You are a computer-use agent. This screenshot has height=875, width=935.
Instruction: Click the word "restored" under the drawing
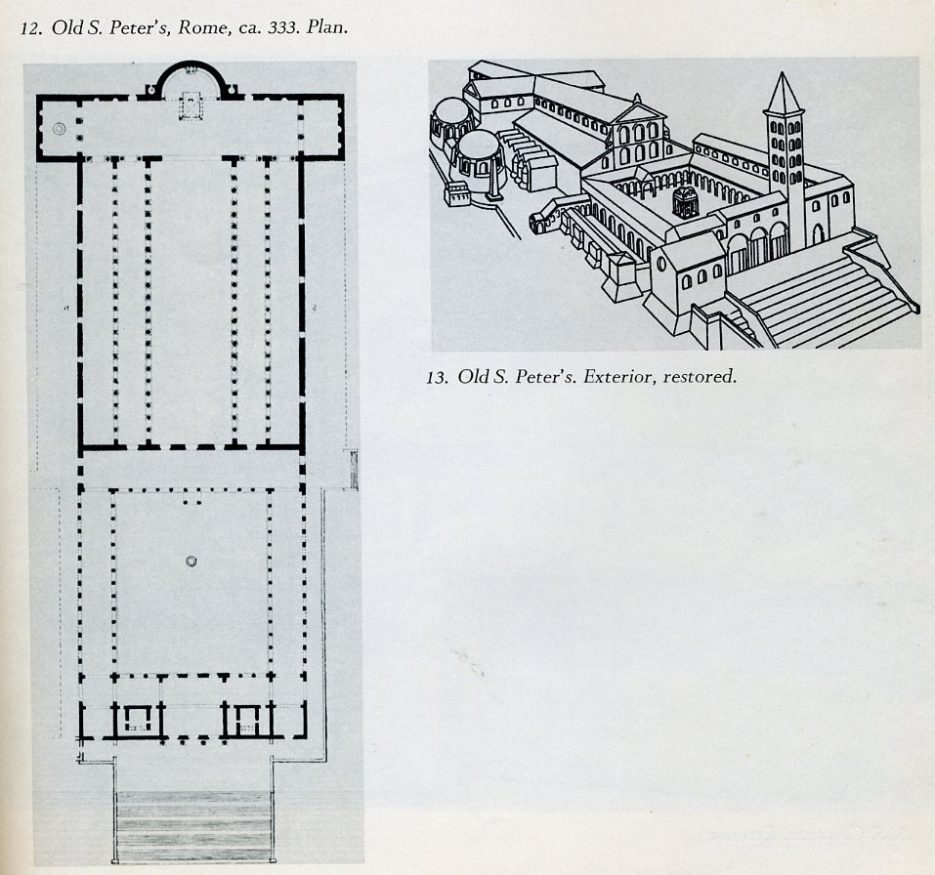[x=698, y=376]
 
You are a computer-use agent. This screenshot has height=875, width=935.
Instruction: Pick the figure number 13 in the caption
[x=436, y=376]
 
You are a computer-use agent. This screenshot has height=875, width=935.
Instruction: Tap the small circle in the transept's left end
[x=60, y=127]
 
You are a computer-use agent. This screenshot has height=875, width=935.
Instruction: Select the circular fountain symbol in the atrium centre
[x=191, y=561]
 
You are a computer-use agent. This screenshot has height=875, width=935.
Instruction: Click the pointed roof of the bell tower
[x=784, y=94]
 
